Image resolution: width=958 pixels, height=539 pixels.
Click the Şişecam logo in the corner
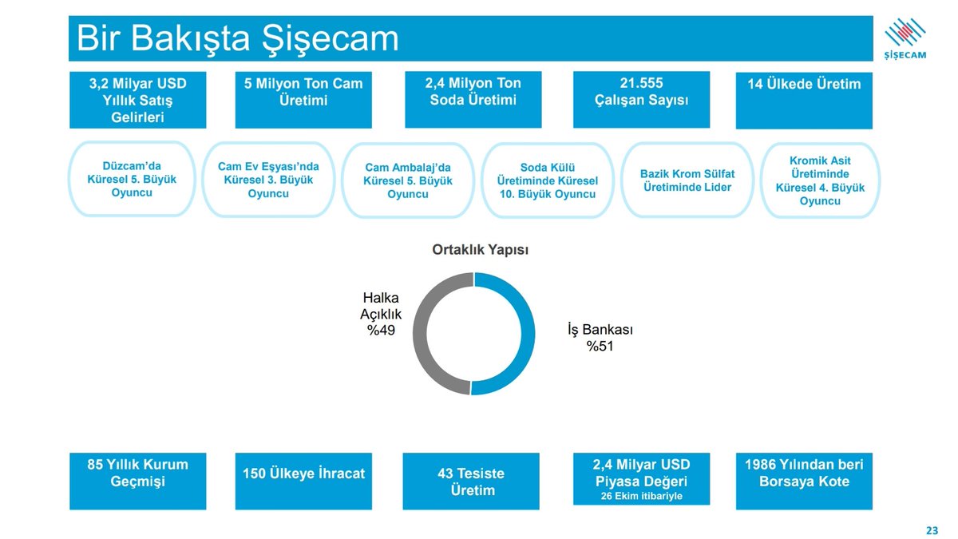tap(905, 38)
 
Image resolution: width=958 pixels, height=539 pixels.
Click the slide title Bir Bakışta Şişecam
tap(237, 38)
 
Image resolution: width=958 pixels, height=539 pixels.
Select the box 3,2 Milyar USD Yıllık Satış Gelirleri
tap(137, 100)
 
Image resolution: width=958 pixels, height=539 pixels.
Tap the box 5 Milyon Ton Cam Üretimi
tap(303, 100)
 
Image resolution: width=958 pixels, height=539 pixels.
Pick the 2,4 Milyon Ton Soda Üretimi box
tap(473, 99)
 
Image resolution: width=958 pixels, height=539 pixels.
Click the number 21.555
tap(641, 83)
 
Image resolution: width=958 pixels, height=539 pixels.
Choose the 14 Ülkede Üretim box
tap(804, 100)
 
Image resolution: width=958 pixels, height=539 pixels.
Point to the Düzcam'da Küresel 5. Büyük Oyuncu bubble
tap(132, 180)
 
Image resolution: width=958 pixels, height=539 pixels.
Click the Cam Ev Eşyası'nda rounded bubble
tap(268, 180)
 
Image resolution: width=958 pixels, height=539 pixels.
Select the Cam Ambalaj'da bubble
tap(407, 180)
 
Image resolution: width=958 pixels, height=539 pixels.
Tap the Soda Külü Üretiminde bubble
tap(547, 180)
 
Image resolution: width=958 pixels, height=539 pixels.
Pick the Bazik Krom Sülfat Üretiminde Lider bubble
tap(687, 180)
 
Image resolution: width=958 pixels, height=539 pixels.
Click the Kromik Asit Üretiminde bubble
tap(820, 180)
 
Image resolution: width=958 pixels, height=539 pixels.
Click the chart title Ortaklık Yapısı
tap(480, 250)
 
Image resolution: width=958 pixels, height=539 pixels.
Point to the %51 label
tap(600, 346)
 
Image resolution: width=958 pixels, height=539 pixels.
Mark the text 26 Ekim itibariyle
tap(641, 497)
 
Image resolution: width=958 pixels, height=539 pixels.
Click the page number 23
tap(932, 530)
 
